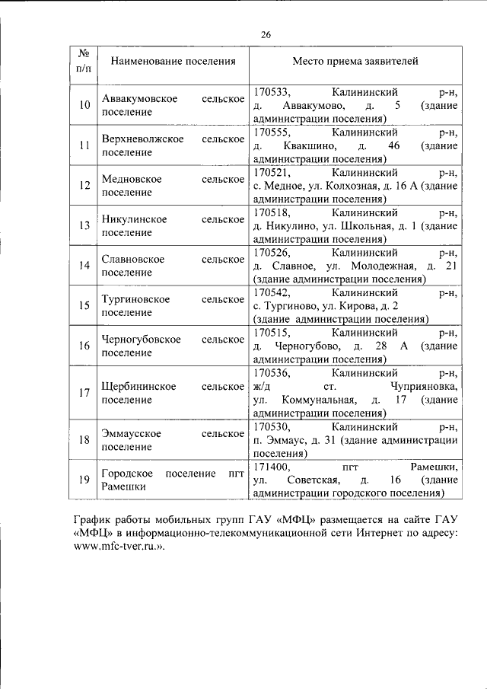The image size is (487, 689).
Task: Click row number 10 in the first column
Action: pyautogui.click(x=84, y=105)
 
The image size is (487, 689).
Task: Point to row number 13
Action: pyautogui.click(x=84, y=225)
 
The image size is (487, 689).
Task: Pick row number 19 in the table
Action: pyautogui.click(x=84, y=479)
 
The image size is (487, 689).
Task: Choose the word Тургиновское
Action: pyautogui.click(x=135, y=300)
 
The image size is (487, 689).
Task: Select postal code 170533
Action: pyautogui.click(x=272, y=92)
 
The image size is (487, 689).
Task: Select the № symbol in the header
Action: pyautogui.click(x=84, y=53)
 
